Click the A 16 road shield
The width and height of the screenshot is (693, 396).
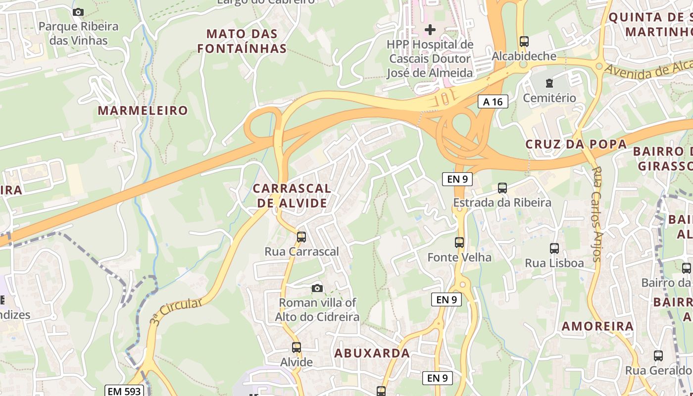pyautogui.click(x=493, y=102)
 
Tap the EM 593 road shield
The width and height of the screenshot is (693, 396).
pyautogui.click(x=124, y=391)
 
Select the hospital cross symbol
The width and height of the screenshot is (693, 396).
pyautogui.click(x=430, y=30)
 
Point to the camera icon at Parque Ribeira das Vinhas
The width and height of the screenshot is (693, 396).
pyautogui.click(x=78, y=12)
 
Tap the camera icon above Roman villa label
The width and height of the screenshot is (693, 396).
pyautogui.click(x=317, y=288)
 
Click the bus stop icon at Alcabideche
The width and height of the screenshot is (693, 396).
pyautogui.click(x=524, y=42)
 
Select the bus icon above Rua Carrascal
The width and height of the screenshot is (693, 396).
pyautogui.click(x=301, y=237)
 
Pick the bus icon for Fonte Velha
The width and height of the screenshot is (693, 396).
pyautogui.click(x=459, y=243)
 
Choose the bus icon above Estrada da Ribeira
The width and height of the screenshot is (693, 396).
pyautogui.click(x=502, y=188)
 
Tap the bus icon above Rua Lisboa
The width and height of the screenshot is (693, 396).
pyautogui.click(x=554, y=248)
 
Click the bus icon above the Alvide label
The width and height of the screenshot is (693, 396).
pyautogui.click(x=297, y=347)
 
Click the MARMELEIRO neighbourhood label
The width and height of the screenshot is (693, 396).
pyautogui.click(x=143, y=110)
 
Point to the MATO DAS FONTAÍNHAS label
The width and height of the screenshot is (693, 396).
pyautogui.click(x=242, y=41)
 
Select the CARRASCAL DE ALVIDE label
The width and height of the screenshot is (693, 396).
pyautogui.click(x=292, y=196)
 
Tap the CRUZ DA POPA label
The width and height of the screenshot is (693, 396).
pyautogui.click(x=576, y=144)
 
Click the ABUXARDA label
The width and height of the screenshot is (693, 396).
pyautogui.click(x=372, y=353)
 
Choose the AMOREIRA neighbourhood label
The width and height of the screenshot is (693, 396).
pyautogui.click(x=597, y=326)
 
